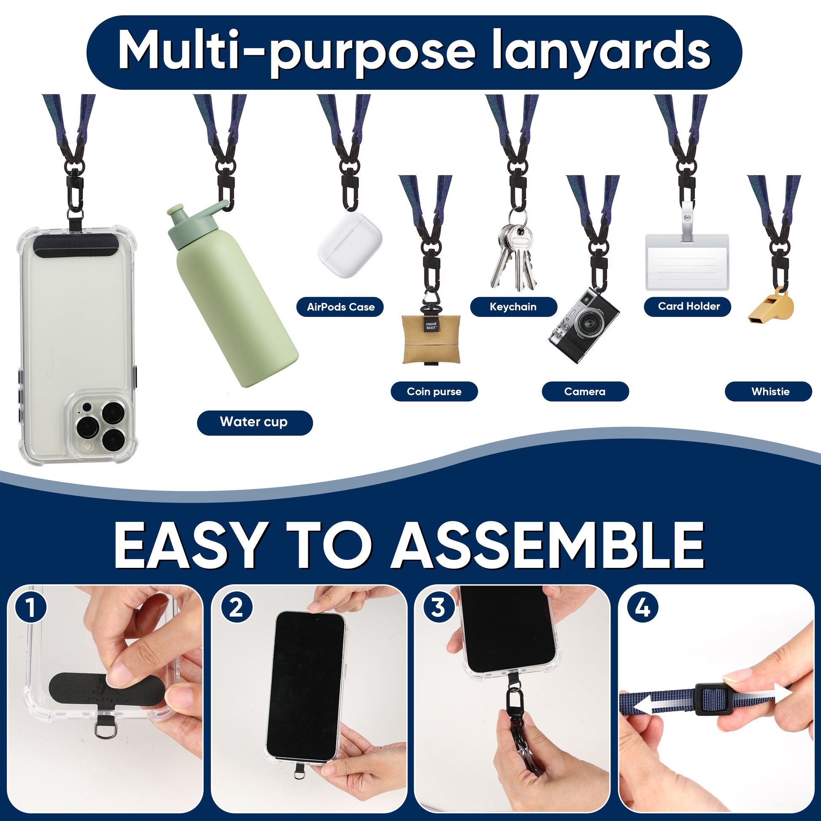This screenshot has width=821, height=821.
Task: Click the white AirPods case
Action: point(350,245)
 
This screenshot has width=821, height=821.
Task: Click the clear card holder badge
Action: point(687,261)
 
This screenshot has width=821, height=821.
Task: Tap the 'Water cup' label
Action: point(254,422)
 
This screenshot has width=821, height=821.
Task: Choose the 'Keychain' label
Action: point(513,307)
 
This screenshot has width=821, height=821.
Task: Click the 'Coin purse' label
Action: point(434,392)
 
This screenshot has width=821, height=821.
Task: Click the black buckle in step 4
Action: point(713,699)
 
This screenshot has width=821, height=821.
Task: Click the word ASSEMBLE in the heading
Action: point(548,546)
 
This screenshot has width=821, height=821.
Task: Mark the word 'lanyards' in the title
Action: point(601,52)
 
